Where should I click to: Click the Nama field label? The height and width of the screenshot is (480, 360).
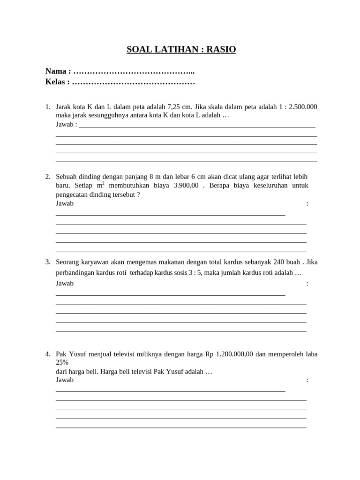(x=56, y=71)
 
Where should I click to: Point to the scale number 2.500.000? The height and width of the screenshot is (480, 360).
(x=303, y=107)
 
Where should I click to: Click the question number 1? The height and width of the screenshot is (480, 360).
(x=47, y=107)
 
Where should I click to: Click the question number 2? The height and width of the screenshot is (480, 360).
(x=47, y=177)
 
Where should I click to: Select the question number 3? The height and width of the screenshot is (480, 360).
(x=47, y=262)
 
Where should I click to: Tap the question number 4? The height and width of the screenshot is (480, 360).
(x=47, y=354)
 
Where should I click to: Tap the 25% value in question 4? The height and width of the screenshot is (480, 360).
(x=62, y=362)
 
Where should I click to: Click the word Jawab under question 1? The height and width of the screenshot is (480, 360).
(x=65, y=124)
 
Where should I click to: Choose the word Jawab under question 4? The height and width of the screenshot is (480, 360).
(x=65, y=380)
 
